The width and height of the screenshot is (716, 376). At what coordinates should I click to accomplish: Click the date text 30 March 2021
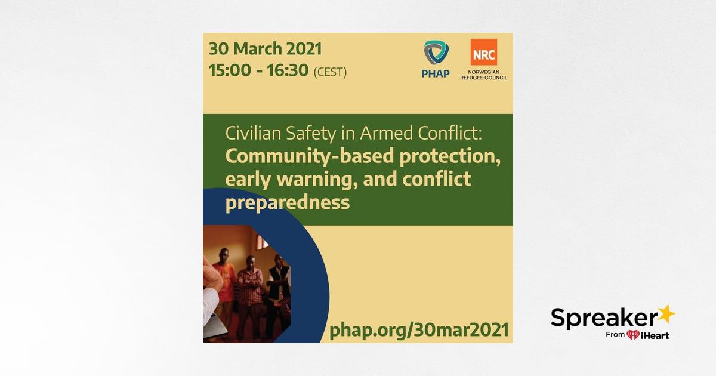pos(265,49)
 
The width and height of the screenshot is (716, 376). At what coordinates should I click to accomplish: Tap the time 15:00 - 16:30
pos(258,70)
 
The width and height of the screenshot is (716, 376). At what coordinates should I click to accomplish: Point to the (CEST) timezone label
pos(330,72)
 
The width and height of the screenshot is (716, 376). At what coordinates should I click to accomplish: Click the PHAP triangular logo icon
pos(436,53)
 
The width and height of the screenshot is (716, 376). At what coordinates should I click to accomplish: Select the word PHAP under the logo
pos(436,74)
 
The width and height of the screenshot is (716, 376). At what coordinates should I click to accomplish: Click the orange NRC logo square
pos(484,52)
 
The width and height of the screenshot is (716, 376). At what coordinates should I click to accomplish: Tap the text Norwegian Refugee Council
pos(484,75)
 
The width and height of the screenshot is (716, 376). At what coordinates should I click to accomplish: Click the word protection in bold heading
pos(450,156)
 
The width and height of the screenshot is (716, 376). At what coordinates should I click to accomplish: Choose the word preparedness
pos(288,203)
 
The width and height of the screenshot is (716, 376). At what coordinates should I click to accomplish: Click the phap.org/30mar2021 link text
pos(419,330)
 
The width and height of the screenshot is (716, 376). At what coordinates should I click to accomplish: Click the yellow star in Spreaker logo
pos(665,315)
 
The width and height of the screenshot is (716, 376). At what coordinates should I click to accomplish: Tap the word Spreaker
pos(603,318)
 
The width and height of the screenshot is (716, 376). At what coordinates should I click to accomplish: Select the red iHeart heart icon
pos(633,335)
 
